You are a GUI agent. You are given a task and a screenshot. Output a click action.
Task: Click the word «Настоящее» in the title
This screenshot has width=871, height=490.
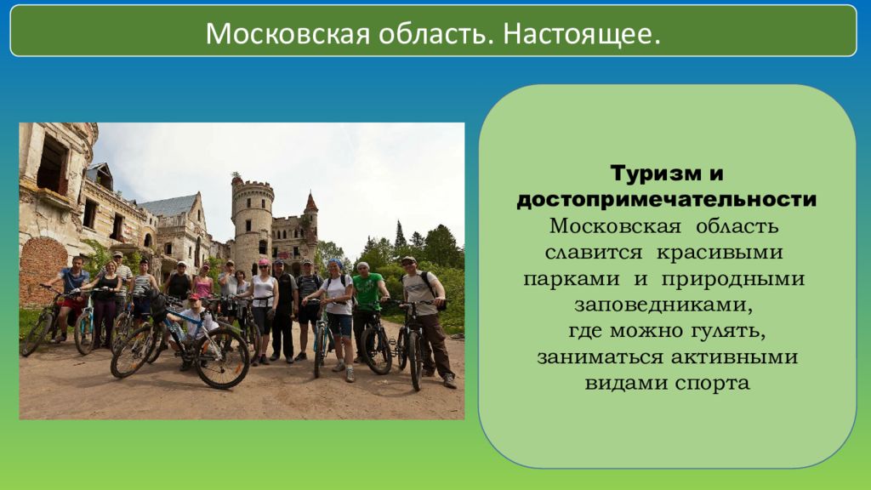tap(582, 34)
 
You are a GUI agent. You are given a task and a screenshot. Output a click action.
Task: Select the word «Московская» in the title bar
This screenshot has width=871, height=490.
tap(287, 34)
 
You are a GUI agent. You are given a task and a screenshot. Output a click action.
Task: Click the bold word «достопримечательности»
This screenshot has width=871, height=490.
tap(667, 200)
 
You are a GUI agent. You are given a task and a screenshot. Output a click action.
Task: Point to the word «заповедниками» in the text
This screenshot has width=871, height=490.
tap(663, 305)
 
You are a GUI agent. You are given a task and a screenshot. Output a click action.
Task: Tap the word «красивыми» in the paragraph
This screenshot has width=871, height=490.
tap(720, 253)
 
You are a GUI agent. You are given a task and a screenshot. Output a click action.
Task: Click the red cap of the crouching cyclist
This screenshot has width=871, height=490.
tap(194, 296)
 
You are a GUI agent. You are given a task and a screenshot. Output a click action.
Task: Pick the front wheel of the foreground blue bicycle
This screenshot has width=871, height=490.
tap(221, 358)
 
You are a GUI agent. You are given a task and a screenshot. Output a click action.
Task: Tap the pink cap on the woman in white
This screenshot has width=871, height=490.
tap(264, 262)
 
